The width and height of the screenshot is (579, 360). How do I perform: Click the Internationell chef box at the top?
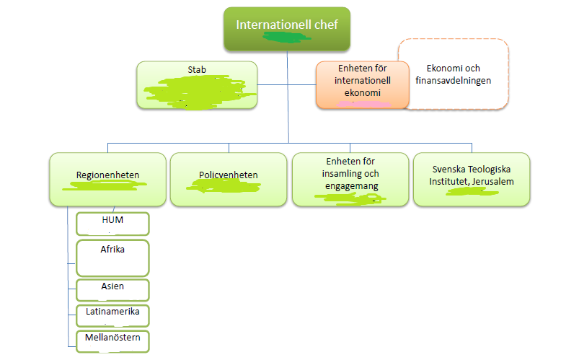287,29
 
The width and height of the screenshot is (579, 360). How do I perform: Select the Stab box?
197,85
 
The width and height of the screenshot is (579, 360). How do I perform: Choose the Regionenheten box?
107,179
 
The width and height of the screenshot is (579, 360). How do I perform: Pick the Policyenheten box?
229,179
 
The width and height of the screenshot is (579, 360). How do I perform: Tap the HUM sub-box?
112,224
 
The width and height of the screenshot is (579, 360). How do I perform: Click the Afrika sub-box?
112,258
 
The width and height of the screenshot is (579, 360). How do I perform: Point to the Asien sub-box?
112,289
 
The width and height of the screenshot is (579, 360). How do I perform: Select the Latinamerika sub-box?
112,315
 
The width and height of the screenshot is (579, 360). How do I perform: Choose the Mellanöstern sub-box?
112,340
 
